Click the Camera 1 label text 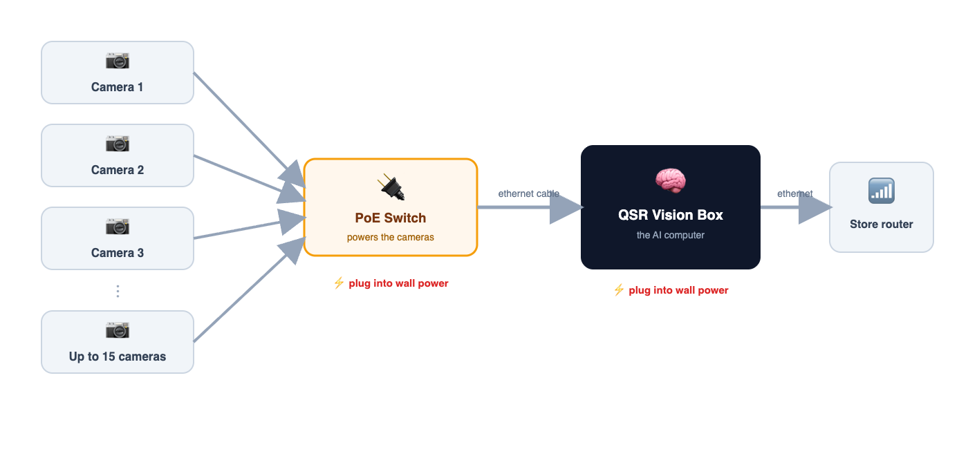pos(117,87)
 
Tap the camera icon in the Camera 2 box pos(118,144)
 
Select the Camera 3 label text pos(117,253)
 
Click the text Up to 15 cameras pos(117,357)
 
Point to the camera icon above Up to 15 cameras pos(118,330)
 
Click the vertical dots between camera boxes pos(118,291)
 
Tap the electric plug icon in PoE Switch pos(391,187)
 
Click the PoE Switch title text pos(390,218)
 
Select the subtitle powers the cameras pos(390,237)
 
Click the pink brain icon pos(670,180)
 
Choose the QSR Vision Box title pos(670,215)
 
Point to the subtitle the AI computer pos(670,235)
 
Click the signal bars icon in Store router pos(882,191)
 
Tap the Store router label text pos(881,224)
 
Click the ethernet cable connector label pos(528,193)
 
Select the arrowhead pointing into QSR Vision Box pos(566,207)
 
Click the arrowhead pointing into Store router pos(815,207)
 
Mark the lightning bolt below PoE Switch pos(339,283)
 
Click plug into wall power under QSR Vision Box pos(678,290)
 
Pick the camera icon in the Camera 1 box pos(118,61)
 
